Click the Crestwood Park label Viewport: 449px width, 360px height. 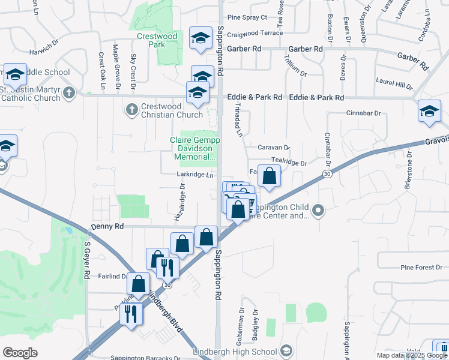click(157, 40)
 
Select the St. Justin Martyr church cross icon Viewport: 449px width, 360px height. click(70, 92)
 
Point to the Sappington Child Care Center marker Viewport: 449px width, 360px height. click(319, 211)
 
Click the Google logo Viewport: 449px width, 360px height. click(20, 353)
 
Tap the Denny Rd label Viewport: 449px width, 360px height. click(107, 227)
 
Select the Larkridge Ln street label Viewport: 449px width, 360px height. click(196, 175)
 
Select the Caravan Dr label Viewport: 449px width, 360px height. click(274, 147)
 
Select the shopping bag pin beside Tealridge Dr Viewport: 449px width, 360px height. click(270, 176)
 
